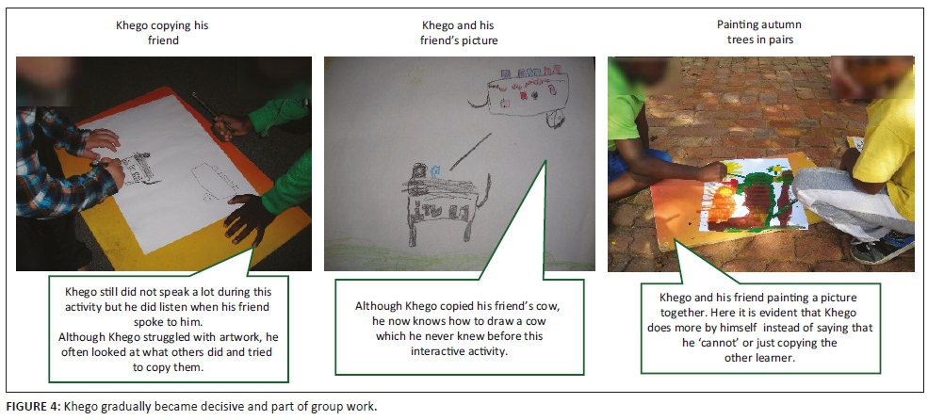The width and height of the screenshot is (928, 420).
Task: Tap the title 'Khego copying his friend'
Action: [x=162, y=33]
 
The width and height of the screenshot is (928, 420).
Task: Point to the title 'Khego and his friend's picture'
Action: [x=459, y=33]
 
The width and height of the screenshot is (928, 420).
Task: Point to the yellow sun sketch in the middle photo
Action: [x=415, y=75]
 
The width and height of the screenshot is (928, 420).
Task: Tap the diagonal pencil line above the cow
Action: [x=470, y=152]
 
